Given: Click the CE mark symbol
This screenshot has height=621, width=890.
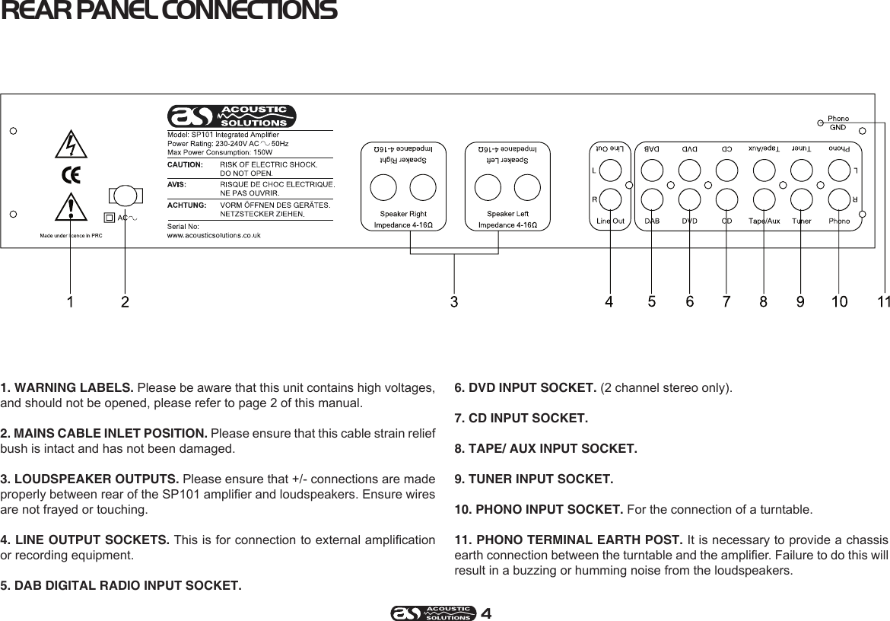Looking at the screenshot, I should click(x=71, y=175).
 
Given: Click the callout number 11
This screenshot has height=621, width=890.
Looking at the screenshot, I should click(x=882, y=302).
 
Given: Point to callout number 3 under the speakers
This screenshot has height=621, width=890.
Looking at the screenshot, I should click(x=454, y=302).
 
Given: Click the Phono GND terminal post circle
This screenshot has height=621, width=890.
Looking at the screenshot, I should click(x=820, y=120).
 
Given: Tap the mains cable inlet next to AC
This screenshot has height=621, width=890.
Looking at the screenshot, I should click(x=126, y=196).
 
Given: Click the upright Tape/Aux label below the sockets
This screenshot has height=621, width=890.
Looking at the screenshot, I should click(x=764, y=221).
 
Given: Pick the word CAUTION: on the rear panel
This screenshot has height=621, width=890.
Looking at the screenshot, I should click(x=184, y=163).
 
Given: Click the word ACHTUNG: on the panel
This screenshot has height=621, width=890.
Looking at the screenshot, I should click(x=186, y=205).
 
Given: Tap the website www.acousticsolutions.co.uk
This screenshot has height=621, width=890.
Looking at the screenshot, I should click(x=214, y=235).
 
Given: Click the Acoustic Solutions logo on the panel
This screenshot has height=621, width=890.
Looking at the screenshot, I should click(x=231, y=117).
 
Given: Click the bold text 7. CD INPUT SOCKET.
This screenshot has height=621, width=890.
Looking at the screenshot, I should click(x=520, y=419).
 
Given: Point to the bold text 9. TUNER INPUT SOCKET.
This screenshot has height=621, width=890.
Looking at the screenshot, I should click(x=532, y=479).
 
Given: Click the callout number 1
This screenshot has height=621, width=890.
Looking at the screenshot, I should click(x=70, y=302).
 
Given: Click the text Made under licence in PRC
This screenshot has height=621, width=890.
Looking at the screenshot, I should click(x=71, y=235).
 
